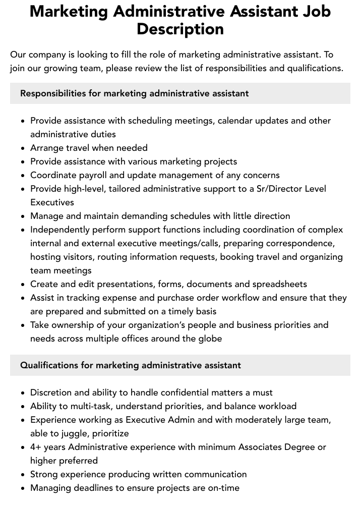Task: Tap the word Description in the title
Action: tap(180, 29)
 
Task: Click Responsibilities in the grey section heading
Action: tap(53, 93)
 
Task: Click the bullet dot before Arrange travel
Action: tap(23, 148)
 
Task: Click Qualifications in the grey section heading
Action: tap(49, 365)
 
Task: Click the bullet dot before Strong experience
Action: tap(23, 475)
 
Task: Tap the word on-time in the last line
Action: tap(223, 488)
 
